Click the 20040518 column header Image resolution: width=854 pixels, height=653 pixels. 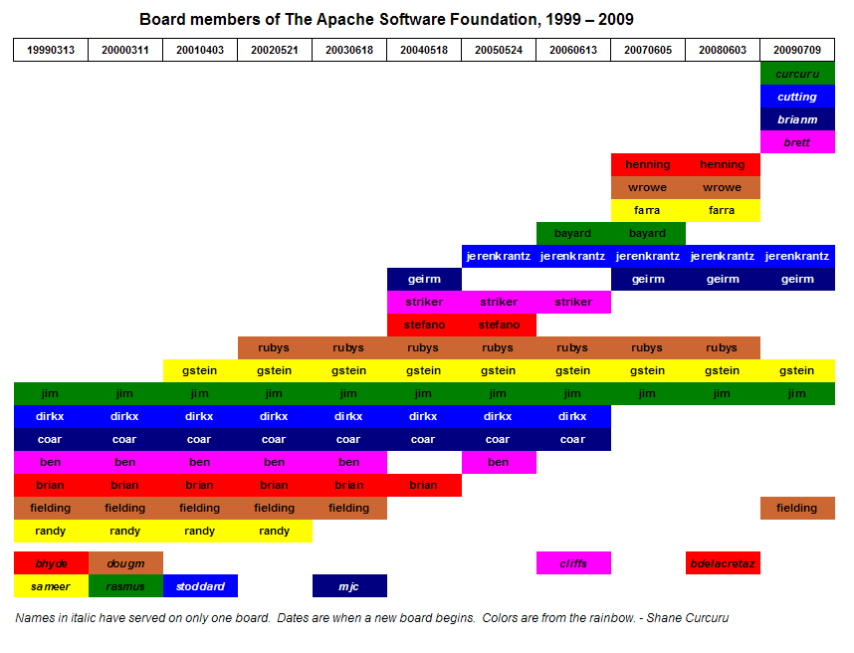pyautogui.click(x=423, y=50)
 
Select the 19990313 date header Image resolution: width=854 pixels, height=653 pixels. pyautogui.click(x=50, y=50)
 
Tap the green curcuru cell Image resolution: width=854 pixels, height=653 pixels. pyautogui.click(x=796, y=74)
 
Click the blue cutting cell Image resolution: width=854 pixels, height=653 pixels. pyautogui.click(x=796, y=97)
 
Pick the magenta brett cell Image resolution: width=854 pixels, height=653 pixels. pyautogui.click(x=796, y=142)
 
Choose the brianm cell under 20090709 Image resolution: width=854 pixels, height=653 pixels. pyautogui.click(x=796, y=119)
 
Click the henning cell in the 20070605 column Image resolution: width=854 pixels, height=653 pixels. pyautogui.click(x=647, y=164)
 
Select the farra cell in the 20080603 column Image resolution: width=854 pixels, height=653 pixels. pyautogui.click(x=722, y=210)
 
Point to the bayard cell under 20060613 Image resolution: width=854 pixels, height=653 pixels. pyautogui.click(x=572, y=233)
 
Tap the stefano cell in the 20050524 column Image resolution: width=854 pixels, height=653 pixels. pyautogui.click(x=498, y=325)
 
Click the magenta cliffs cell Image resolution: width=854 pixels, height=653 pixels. pyautogui.click(x=572, y=563)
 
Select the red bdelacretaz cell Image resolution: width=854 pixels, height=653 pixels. pyautogui.click(x=722, y=563)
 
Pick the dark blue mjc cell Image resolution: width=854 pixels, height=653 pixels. pyautogui.click(x=348, y=586)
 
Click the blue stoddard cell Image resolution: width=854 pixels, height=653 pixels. pyautogui.click(x=199, y=586)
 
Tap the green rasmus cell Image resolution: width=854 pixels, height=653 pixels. pyautogui.click(x=124, y=586)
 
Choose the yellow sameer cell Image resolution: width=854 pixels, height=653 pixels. pyautogui.click(x=50, y=586)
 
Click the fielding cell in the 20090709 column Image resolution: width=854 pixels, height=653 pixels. pyautogui.click(x=796, y=508)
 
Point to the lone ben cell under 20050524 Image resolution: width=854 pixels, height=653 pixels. pyautogui.click(x=498, y=462)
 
